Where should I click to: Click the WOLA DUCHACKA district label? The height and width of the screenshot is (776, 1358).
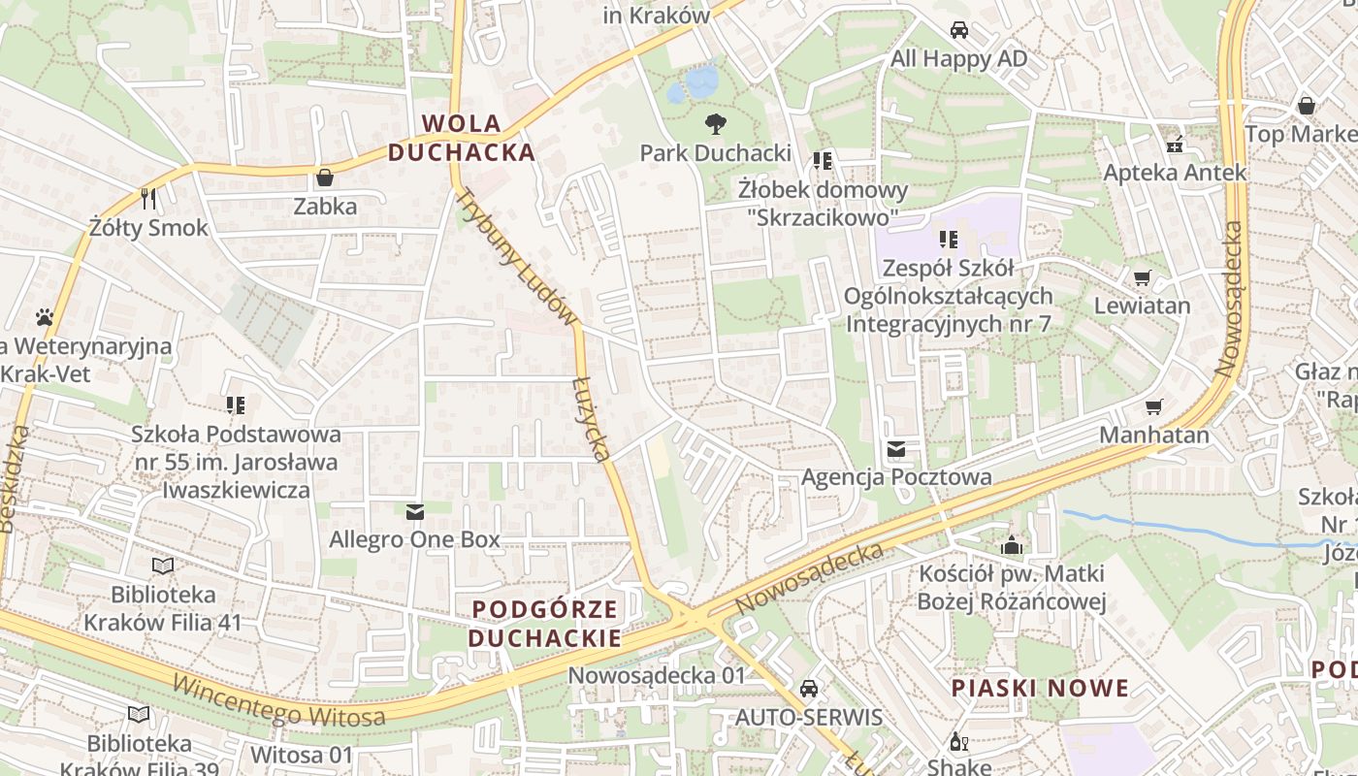click(462, 138)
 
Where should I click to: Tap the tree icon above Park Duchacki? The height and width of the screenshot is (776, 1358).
click(716, 123)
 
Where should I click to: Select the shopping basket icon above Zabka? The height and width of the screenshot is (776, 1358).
click(324, 178)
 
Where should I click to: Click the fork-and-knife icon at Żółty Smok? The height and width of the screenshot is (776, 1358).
click(148, 199)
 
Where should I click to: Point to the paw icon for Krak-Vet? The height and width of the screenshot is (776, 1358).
click(45, 317)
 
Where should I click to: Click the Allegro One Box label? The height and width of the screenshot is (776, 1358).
click(415, 539)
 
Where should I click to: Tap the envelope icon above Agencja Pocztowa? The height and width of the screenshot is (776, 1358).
click(895, 449)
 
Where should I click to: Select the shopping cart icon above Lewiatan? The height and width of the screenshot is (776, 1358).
click(1142, 277)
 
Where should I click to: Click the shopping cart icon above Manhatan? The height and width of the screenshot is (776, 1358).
click(1153, 406)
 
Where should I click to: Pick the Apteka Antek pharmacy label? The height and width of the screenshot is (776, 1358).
click(1175, 173)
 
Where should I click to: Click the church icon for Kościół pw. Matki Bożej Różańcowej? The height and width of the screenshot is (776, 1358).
click(1012, 545)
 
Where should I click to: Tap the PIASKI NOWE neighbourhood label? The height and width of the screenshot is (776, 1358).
click(1040, 689)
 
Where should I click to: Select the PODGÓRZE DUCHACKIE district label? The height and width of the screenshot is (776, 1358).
click(544, 624)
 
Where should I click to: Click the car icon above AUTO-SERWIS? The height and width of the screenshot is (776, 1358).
click(808, 689)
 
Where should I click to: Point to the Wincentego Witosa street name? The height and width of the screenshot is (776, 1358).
click(278, 702)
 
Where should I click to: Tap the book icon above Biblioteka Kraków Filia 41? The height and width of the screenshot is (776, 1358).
click(163, 566)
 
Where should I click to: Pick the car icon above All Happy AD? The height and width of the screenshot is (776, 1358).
click(958, 30)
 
